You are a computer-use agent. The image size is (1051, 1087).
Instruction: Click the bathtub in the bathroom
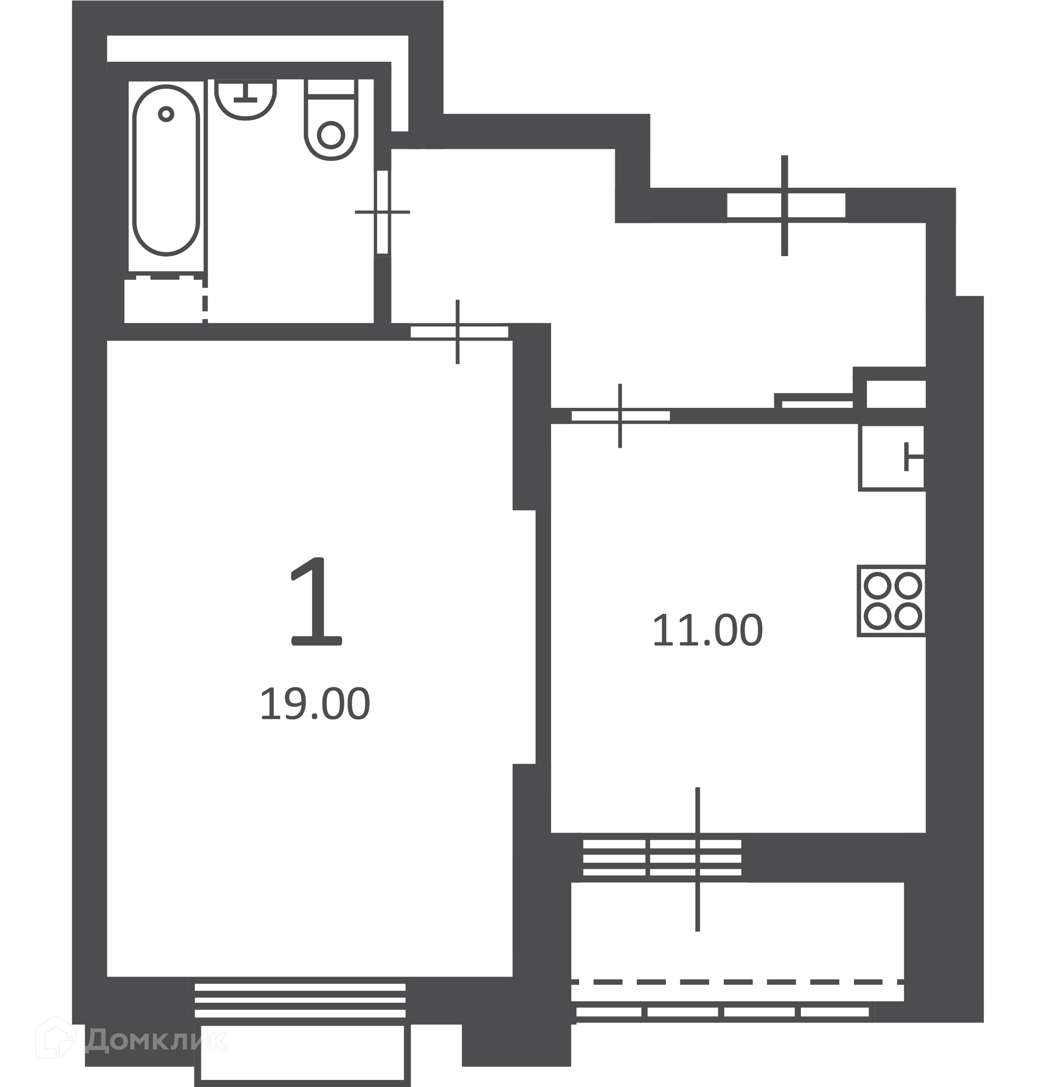[x=166, y=170]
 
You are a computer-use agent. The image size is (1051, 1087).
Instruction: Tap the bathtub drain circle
[x=166, y=114]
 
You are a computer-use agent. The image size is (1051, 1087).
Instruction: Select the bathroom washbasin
[x=245, y=99]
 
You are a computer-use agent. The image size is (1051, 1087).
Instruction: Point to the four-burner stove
[x=892, y=601]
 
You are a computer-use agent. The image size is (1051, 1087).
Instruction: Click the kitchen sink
[x=892, y=458]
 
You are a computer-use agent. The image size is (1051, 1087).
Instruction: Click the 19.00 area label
[x=314, y=704]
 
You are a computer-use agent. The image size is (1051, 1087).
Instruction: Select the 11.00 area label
[x=708, y=631]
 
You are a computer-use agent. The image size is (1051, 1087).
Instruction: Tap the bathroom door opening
[x=383, y=212]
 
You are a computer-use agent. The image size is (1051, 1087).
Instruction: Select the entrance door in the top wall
[x=786, y=205]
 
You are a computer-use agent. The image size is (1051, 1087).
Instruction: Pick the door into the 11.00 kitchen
[x=621, y=415]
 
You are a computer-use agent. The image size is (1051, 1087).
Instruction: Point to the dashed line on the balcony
[x=738, y=981]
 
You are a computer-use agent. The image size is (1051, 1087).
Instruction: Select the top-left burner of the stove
[x=877, y=586]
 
